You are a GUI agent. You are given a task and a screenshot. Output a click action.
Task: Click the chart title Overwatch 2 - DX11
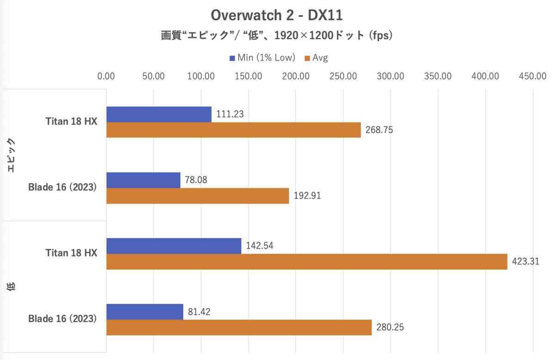coord(277,15)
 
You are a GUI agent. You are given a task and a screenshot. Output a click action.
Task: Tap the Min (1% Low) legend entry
coord(262,58)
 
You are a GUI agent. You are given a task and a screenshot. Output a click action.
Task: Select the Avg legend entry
coord(316,58)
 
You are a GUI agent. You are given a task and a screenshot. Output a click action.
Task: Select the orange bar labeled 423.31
coord(307,261)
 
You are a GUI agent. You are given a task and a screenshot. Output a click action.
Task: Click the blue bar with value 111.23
coord(159,114)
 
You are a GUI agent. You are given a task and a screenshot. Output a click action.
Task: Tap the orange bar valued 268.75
coord(234,130)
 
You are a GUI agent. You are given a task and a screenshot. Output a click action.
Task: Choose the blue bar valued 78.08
coord(143,180)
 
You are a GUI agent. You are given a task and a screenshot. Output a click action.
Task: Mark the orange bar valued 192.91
coord(197,196)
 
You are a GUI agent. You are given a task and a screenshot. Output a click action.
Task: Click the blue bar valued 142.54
coord(174,246)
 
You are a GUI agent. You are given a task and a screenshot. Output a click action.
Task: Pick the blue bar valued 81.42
coord(145,311)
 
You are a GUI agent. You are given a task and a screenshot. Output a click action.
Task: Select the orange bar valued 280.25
coord(239,327)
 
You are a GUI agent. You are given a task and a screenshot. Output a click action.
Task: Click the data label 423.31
coord(526,261)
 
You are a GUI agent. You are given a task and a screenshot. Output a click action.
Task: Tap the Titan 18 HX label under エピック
coord(71,122)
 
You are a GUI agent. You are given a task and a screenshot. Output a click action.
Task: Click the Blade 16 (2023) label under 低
coord(62,319)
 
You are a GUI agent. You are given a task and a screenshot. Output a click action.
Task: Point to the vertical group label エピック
coord(12,155)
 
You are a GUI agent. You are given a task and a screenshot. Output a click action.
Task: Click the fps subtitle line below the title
coord(277,36)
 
